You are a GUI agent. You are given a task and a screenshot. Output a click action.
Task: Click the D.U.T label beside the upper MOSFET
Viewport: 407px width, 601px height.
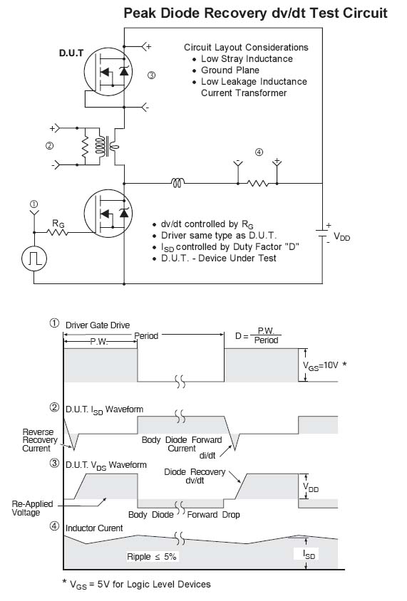(x=71, y=53)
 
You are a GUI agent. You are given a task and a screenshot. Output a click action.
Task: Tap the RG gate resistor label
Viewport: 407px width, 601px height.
(x=58, y=224)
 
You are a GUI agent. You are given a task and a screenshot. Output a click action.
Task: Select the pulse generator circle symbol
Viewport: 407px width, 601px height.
(x=34, y=258)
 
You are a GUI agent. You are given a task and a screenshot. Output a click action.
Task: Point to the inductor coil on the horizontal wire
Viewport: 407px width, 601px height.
(x=177, y=183)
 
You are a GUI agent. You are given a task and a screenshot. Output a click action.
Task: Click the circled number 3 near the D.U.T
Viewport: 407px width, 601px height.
(x=152, y=75)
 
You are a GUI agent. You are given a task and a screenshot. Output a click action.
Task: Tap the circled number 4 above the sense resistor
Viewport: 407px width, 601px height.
(x=259, y=152)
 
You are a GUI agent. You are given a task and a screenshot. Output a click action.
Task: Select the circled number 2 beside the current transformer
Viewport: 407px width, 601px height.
(x=49, y=146)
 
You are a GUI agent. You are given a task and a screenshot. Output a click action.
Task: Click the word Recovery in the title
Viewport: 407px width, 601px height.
(x=235, y=13)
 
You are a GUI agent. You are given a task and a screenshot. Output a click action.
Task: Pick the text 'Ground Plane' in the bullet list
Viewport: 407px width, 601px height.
(x=230, y=70)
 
